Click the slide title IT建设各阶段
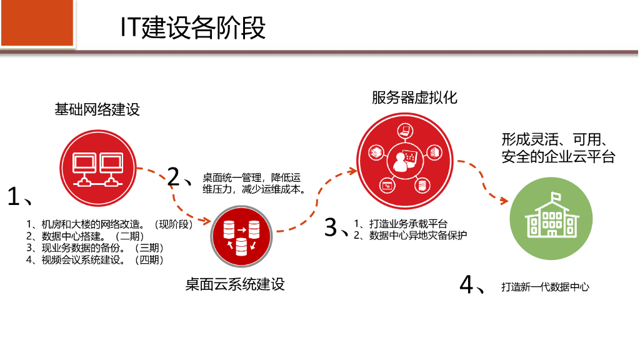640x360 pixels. pos(193,28)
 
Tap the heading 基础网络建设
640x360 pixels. pos(97,109)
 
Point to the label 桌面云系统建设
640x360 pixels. pos(235,284)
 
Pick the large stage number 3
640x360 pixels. pos(331,227)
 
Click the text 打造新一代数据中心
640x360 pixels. pos(545,287)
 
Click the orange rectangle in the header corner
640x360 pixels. pos(38,22)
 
